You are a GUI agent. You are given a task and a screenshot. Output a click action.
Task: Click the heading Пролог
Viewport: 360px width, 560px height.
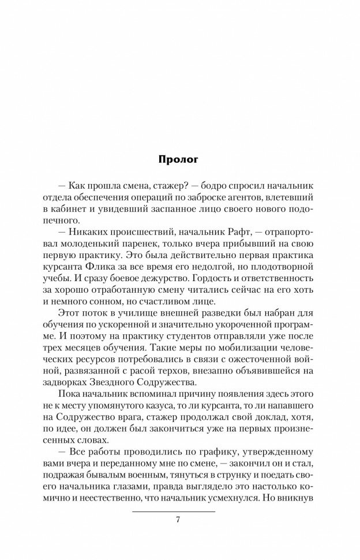tap(179, 159)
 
